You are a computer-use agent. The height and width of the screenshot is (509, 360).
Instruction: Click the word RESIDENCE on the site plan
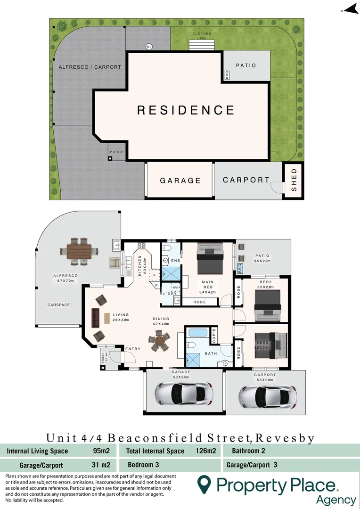pos(186,110)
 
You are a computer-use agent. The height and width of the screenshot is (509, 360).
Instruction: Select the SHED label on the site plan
pos(294,180)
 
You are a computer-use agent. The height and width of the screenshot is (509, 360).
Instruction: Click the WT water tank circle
pos(149,47)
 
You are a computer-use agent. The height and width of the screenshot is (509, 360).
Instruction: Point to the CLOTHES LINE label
pos(202,36)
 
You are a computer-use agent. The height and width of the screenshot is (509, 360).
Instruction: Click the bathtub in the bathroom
pos(198,333)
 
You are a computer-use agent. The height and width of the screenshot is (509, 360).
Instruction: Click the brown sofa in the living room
pos(95,318)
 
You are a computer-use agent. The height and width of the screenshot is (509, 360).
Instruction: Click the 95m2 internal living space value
pos(102,451)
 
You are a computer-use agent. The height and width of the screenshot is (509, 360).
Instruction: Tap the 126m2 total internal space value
pos(205,451)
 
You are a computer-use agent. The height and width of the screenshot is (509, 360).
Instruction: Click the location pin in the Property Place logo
pos(204,484)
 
